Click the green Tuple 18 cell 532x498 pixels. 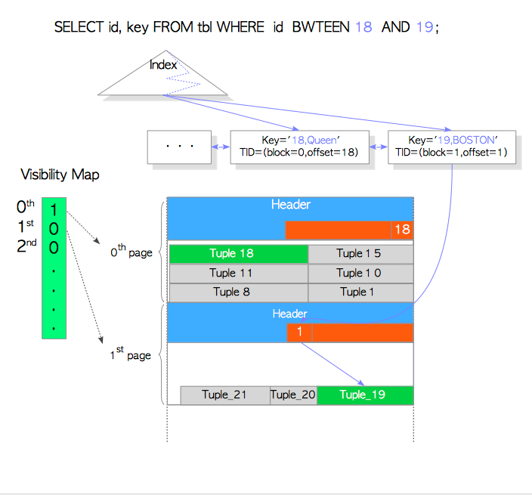[x=238, y=254]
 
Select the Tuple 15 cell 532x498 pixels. [x=360, y=254]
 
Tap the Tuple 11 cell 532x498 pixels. [x=238, y=273]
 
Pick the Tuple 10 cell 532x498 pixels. [x=360, y=273]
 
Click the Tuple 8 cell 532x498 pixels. [x=238, y=292]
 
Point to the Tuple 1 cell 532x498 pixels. [x=360, y=292]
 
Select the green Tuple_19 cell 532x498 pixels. [x=364, y=395]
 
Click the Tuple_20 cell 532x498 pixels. [x=293, y=395]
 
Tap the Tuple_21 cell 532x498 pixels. [x=224, y=395]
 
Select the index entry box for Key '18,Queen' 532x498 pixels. [x=299, y=147]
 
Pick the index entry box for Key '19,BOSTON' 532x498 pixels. [x=452, y=147]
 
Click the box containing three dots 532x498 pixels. [x=180, y=147]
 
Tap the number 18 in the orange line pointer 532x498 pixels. [x=401, y=230]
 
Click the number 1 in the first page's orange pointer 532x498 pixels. [x=299, y=333]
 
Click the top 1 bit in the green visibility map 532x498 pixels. [x=54, y=210]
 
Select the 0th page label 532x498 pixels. [x=131, y=252]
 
